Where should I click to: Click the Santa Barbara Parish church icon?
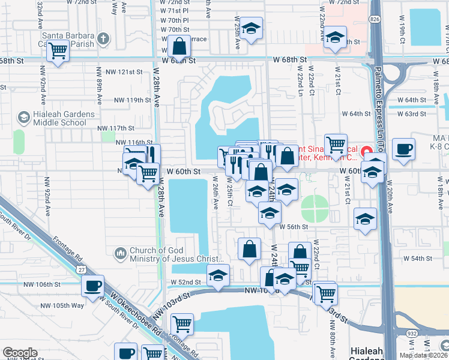103,39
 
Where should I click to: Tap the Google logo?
20,353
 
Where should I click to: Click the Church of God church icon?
121,255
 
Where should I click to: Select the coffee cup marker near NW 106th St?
92,286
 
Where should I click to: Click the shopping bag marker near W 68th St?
179,45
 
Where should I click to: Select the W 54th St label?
418,258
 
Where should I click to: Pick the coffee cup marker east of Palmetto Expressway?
403,148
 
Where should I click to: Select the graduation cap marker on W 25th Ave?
252,28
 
